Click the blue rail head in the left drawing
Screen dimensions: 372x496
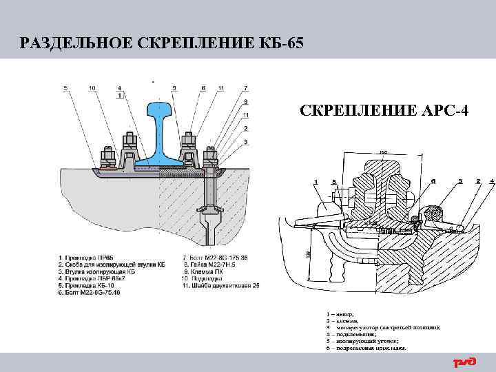pos(161,110)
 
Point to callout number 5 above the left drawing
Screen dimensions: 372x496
pos(65,88)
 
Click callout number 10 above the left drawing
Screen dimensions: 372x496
pos(92,88)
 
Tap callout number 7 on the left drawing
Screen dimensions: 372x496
pos(246,88)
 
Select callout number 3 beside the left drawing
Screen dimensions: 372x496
pos(246,141)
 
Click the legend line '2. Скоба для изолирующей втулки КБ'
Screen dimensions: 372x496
pos(112,264)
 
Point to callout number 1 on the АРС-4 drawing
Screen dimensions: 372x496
pos(316,182)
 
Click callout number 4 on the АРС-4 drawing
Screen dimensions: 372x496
pos(492,181)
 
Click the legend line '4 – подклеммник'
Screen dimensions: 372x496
pos(358,334)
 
